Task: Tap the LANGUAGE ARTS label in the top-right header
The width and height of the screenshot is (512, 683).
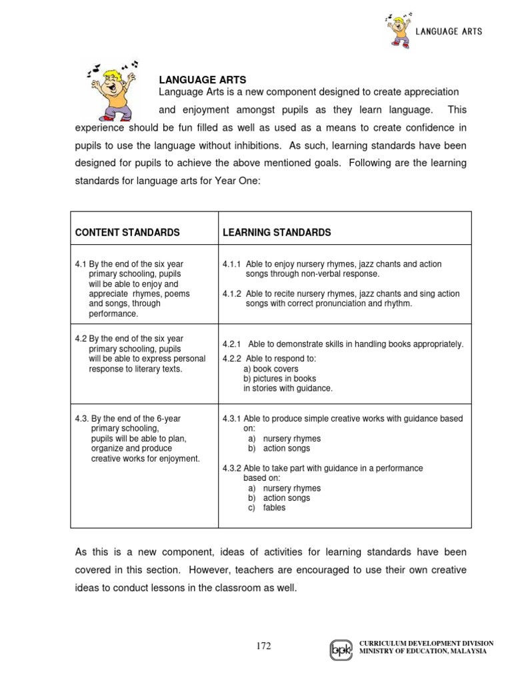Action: pyautogui.click(x=449, y=31)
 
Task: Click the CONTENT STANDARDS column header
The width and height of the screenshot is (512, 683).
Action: pyautogui.click(x=127, y=233)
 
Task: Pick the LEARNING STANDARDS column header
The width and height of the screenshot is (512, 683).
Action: pyautogui.click(x=277, y=233)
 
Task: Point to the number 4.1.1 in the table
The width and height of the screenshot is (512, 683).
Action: pyautogui.click(x=231, y=264)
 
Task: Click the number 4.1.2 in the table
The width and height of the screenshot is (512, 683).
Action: pyautogui.click(x=231, y=293)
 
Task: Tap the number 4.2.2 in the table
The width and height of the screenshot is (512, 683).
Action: pyautogui.click(x=231, y=359)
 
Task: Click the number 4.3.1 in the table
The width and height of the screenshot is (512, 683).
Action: pyautogui.click(x=231, y=419)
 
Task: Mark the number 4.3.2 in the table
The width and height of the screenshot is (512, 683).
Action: pyautogui.click(x=231, y=468)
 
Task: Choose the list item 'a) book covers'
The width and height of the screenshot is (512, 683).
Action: pyautogui.click(x=271, y=369)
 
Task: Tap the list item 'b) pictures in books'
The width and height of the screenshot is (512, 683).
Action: pyautogui.click(x=279, y=378)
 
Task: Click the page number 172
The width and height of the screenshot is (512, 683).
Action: pyautogui.click(x=265, y=646)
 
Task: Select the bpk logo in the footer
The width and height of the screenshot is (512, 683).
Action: pyautogui.click(x=341, y=649)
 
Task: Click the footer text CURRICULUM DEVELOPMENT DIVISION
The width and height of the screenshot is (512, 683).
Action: pyautogui.click(x=427, y=643)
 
